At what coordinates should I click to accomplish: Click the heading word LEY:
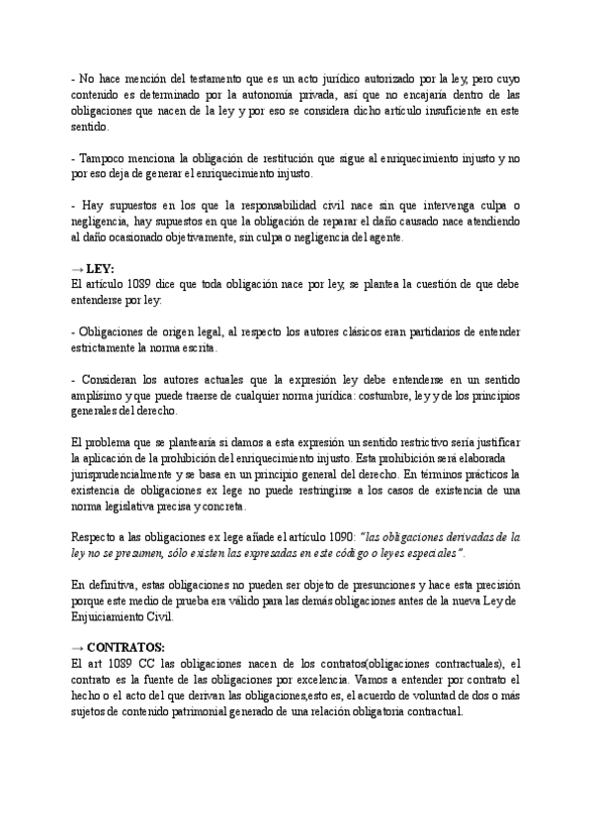pyautogui.click(x=103, y=267)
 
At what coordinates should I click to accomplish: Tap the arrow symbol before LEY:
pyautogui.click(x=78, y=267)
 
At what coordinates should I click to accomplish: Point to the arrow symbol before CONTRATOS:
pyautogui.click(x=78, y=646)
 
